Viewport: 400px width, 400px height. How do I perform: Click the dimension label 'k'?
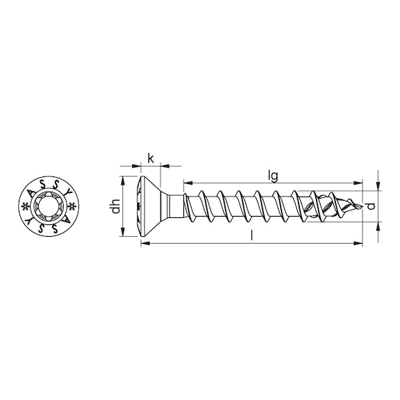tap(151, 159)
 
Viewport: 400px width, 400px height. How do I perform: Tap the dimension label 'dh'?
tap(117, 207)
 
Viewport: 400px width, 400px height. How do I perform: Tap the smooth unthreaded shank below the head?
tap(176, 206)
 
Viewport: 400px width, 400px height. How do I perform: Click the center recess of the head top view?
tap(52, 207)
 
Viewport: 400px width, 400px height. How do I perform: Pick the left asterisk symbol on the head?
tap(27, 207)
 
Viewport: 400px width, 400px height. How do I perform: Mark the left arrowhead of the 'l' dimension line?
tap(144, 243)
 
